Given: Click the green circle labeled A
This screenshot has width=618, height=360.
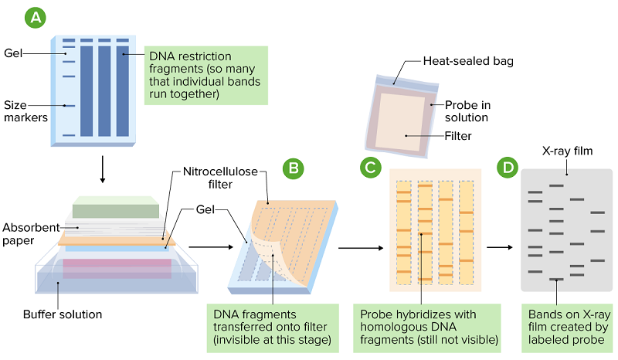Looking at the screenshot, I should pos(36,17).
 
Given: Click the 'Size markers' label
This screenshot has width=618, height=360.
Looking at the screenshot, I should pos(26,110).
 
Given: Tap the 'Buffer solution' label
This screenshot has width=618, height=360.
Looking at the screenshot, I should pos(63,314).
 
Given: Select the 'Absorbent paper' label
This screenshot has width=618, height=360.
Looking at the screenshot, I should pos(30,235).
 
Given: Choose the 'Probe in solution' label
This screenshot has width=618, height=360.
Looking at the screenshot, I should pos(467,111).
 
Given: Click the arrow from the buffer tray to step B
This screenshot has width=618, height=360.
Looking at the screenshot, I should pos(210,247).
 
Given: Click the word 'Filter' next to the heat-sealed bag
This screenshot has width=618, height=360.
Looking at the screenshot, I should pos(458,136).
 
